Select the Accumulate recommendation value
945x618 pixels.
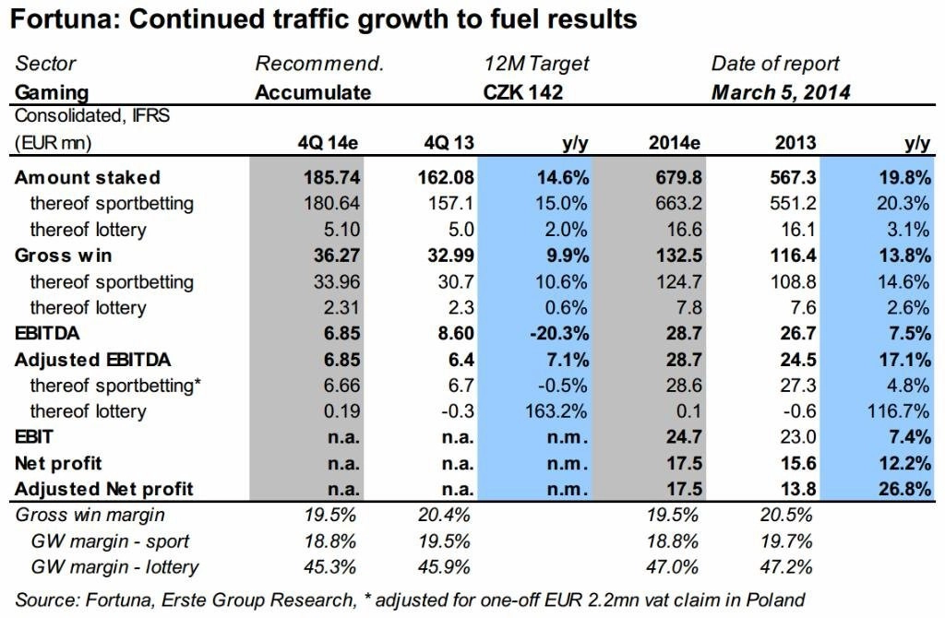coord(313,92)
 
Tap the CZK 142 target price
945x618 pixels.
coord(523,92)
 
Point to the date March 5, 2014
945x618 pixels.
coord(781,92)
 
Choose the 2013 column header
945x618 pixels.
coord(796,143)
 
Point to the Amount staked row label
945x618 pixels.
coord(88,177)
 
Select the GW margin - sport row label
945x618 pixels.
coord(106,541)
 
